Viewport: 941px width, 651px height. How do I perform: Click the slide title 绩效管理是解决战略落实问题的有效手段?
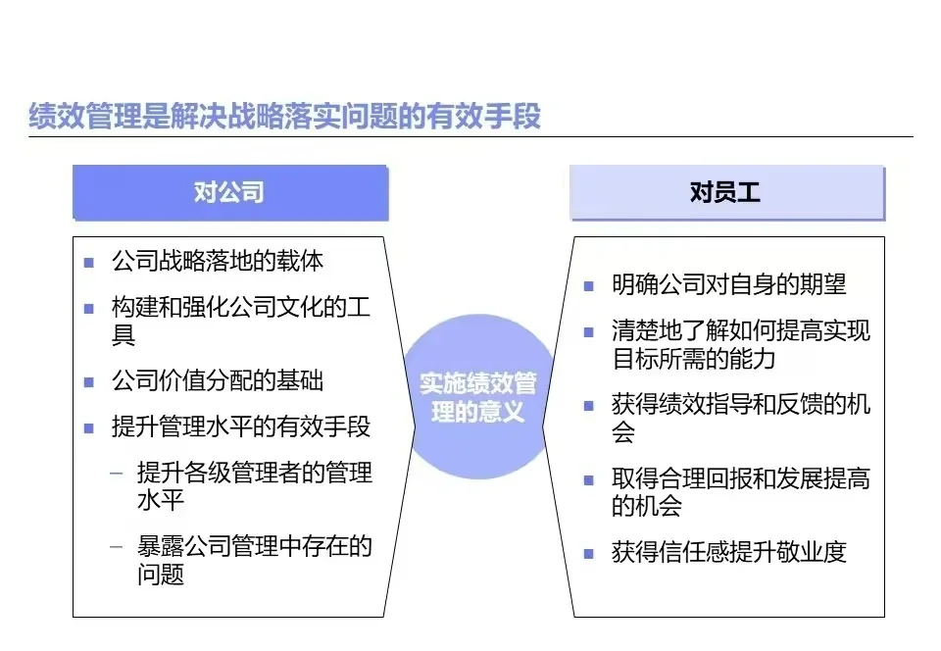(x=284, y=117)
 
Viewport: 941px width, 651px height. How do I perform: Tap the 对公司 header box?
(x=229, y=191)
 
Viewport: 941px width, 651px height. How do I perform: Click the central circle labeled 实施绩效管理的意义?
(x=478, y=396)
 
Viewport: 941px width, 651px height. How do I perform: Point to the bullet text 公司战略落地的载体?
(x=218, y=261)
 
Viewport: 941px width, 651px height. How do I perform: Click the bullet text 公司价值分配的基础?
(x=218, y=380)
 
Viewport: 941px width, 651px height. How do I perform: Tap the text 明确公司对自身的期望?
(x=728, y=284)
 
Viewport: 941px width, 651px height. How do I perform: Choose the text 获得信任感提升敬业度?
(x=728, y=552)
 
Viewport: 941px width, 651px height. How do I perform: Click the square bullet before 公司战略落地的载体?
(x=89, y=263)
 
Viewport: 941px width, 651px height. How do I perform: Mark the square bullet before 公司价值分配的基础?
(x=89, y=382)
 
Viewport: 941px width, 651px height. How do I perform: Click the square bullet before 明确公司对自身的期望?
(x=588, y=286)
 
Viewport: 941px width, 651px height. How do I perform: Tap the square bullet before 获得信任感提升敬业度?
(x=588, y=554)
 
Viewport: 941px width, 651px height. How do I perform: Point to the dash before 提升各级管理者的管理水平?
(x=117, y=474)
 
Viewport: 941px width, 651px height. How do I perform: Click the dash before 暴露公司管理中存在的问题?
(x=117, y=547)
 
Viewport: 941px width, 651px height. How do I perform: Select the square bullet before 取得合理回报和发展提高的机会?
(x=588, y=480)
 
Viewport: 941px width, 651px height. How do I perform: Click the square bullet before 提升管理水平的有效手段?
(x=89, y=429)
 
